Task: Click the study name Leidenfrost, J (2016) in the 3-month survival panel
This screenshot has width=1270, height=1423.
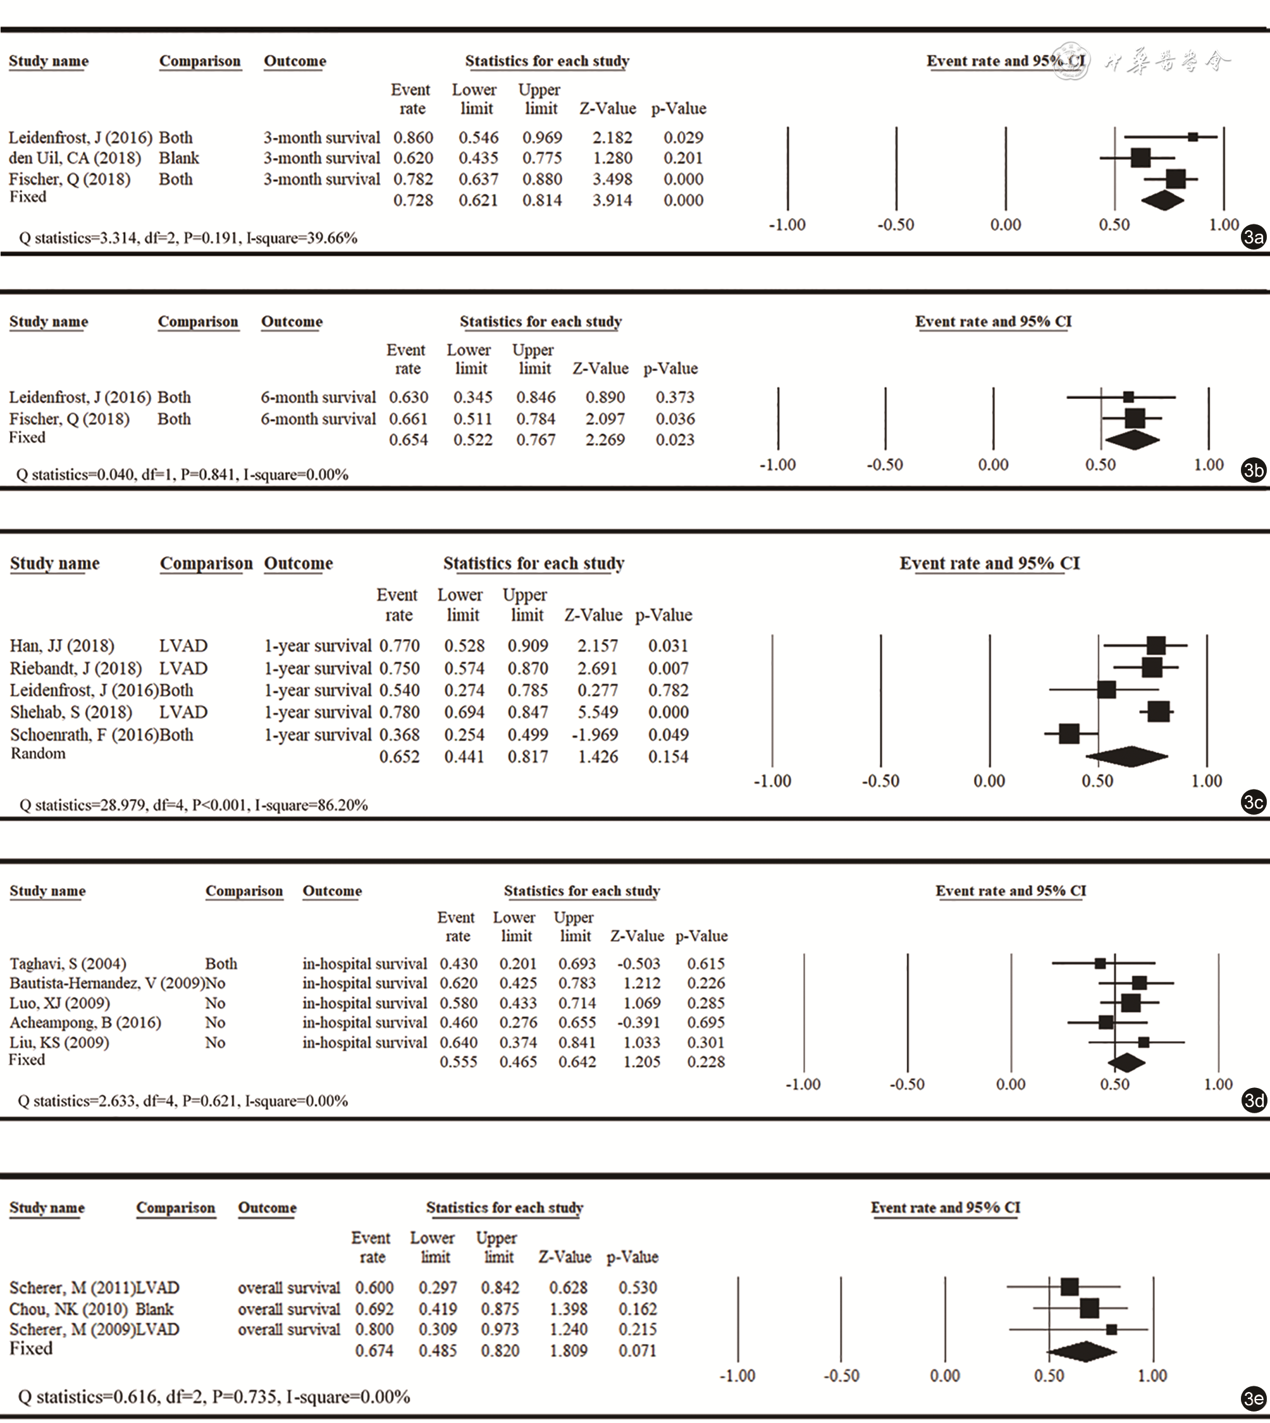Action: [x=80, y=137]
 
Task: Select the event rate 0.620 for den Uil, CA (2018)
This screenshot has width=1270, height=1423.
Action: [x=413, y=158]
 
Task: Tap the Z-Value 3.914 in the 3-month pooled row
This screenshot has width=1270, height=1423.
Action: [x=613, y=200]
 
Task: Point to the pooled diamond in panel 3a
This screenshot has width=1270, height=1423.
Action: [x=1162, y=200]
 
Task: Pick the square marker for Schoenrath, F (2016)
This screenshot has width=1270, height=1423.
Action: [x=1068, y=734]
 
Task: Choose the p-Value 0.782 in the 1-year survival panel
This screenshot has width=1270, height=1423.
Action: [x=669, y=690]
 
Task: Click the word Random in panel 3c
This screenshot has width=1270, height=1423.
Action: [x=38, y=754]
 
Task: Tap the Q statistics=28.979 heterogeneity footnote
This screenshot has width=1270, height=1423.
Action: [x=194, y=805]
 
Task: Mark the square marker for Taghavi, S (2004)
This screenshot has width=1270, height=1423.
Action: [x=1100, y=964]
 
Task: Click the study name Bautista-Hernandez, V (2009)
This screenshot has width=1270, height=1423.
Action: [x=108, y=984]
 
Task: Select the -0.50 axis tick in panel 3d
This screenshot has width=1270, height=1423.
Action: [x=907, y=1085]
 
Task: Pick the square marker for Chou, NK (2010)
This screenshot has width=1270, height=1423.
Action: [x=1089, y=1308]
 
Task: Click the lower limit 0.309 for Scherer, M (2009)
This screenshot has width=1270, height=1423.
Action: [x=438, y=1329]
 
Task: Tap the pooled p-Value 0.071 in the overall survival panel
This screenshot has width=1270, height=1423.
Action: [x=637, y=1351]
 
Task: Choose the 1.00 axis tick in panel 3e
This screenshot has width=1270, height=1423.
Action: [x=1152, y=1376]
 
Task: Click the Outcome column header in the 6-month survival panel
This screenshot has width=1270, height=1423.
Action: [x=292, y=322]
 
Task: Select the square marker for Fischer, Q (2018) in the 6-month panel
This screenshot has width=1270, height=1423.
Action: [x=1135, y=418]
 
